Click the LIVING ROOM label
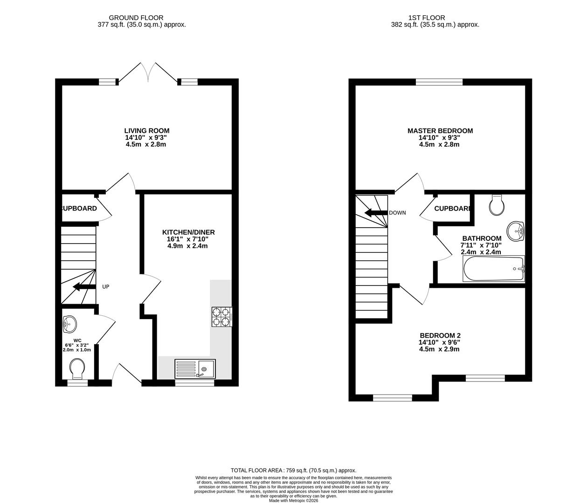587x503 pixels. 146,131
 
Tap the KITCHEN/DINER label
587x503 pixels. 188,232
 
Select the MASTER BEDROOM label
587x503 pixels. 440,131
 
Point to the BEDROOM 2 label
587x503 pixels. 440,335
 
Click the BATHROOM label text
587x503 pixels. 482,238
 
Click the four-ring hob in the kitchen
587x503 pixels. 221,316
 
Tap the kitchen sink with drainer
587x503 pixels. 195,368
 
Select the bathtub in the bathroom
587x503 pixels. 494,269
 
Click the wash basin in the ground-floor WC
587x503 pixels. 69,322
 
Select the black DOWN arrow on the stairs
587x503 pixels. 376,213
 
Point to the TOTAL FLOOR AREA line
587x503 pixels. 293,470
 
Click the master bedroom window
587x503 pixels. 439,82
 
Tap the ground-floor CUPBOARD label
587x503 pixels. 79,209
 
